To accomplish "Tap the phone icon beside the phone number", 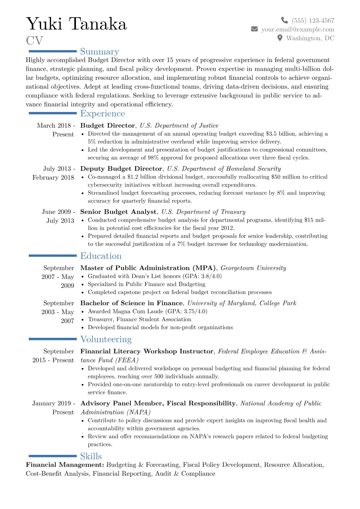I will click(x=284, y=20).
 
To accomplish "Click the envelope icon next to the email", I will click(x=254, y=29).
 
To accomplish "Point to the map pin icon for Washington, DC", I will click(x=280, y=38).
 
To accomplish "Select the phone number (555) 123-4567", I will click(x=313, y=21).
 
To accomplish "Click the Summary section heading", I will click(x=100, y=52).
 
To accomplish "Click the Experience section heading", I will click(x=102, y=113).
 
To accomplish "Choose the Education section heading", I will click(x=101, y=256).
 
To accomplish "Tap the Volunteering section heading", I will click(x=106, y=339).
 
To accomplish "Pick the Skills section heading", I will click(x=91, y=456).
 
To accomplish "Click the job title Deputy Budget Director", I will click(x=121, y=169).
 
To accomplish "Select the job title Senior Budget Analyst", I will click(x=118, y=212).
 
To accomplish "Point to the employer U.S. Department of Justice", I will click(x=179, y=126).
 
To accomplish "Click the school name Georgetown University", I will click(x=253, y=268).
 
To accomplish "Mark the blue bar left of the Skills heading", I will click(x=53, y=456).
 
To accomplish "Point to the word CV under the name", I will click(x=34, y=41).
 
